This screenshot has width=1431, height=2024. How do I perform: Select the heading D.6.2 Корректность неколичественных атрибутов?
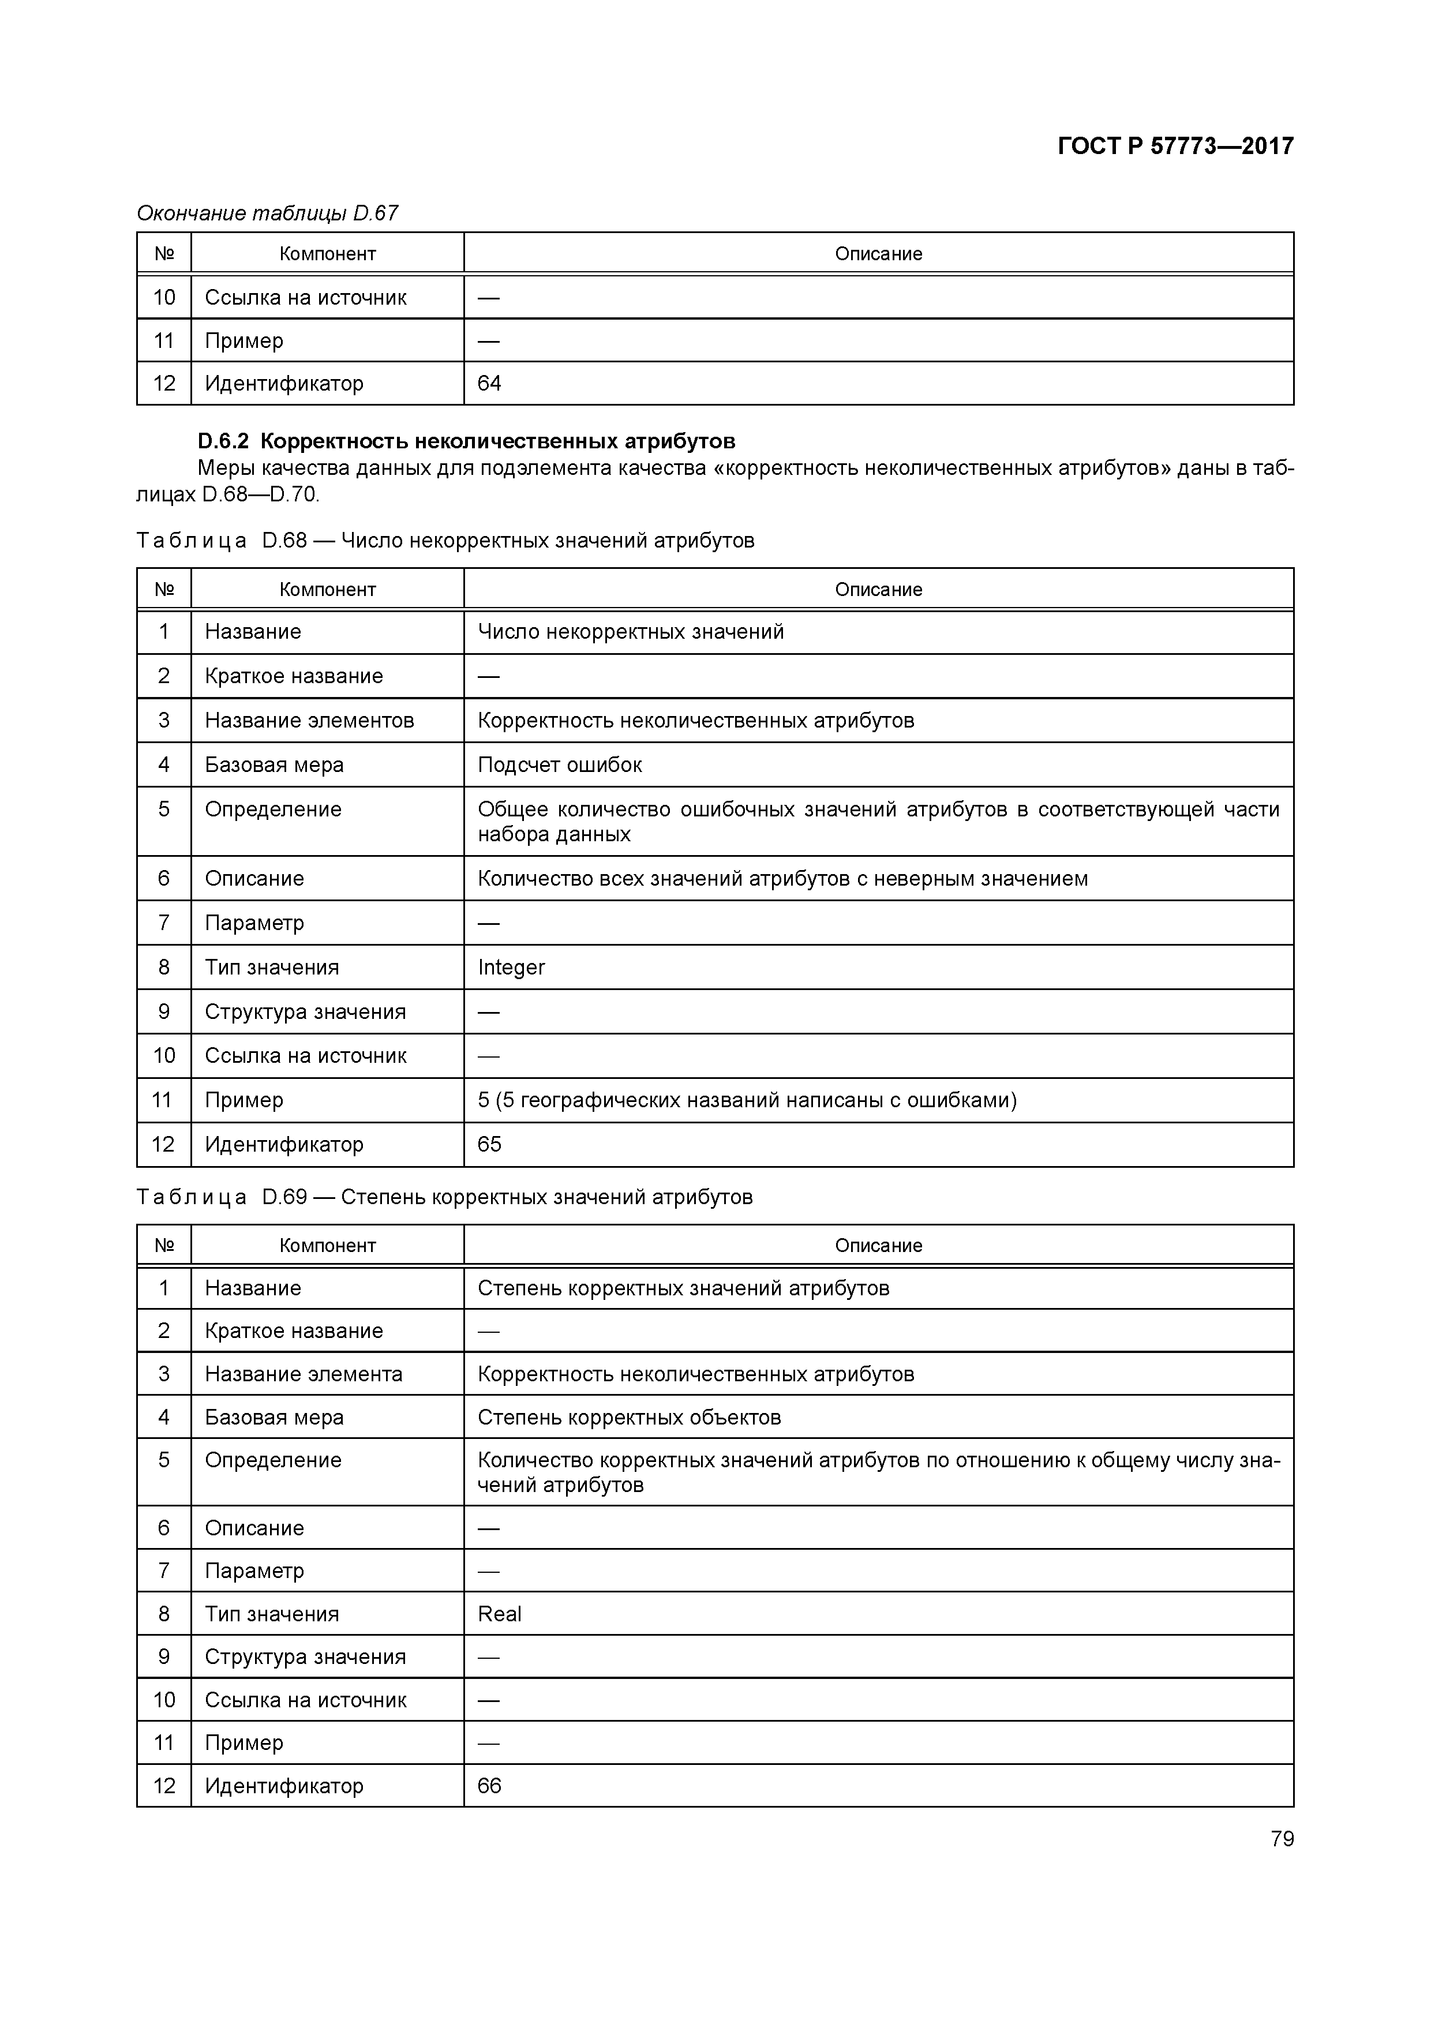point(466,441)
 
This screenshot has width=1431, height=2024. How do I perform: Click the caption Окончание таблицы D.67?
point(267,213)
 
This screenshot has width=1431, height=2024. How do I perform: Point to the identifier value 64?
point(489,384)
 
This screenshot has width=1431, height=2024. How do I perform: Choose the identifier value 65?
point(489,1144)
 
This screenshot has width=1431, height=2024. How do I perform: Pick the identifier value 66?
point(489,1785)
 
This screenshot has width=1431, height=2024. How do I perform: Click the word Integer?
point(511,968)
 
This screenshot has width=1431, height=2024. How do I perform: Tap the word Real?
point(500,1614)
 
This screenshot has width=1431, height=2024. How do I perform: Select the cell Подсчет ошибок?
point(560,765)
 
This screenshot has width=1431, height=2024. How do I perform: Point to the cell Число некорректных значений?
point(631,632)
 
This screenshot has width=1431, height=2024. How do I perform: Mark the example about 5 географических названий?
point(747,1100)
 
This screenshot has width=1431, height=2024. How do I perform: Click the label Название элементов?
point(309,721)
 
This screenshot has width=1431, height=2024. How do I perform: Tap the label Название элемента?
point(304,1374)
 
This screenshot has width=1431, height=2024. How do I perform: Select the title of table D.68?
point(445,541)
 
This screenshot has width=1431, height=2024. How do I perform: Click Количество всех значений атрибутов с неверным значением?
point(782,879)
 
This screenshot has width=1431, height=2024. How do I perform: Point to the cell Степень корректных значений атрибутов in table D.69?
point(683,1289)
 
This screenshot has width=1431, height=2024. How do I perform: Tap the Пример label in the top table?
point(244,341)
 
